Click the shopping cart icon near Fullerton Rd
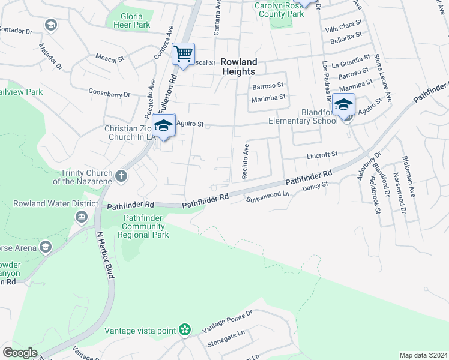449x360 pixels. [183, 54]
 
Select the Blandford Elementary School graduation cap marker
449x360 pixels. [344, 105]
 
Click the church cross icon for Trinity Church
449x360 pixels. [121, 176]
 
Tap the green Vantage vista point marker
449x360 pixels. [185, 329]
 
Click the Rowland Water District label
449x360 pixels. [55, 203]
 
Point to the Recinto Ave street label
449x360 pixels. [246, 161]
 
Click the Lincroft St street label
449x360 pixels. [322, 155]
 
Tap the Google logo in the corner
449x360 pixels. [19, 353]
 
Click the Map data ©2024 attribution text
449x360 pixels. [423, 355]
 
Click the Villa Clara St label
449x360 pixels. [344, 25]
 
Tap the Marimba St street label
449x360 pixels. [268, 97]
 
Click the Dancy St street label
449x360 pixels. [316, 187]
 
